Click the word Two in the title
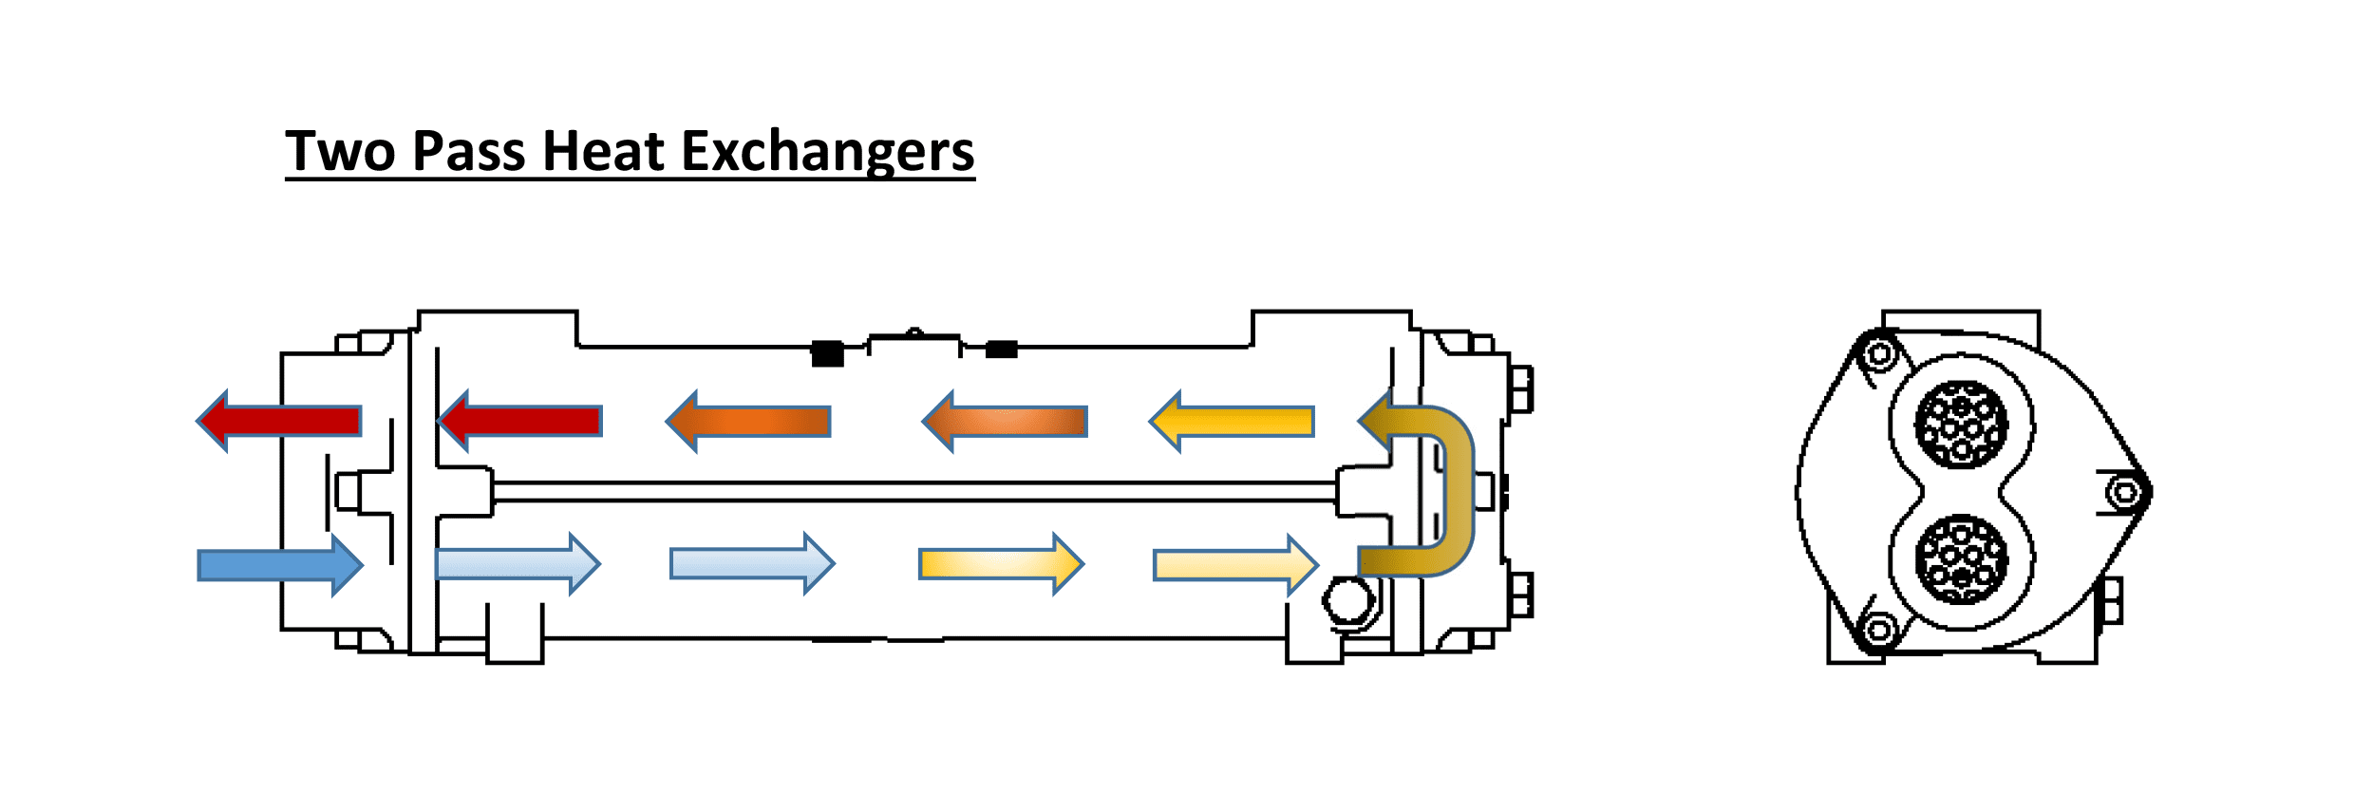coord(340,151)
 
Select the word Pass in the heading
coord(468,151)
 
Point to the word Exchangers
coord(827,151)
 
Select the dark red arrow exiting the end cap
coord(279,421)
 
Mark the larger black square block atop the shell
coord(827,353)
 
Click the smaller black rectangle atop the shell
coord(1001,350)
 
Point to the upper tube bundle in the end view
coord(1961,425)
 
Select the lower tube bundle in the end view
coord(1961,559)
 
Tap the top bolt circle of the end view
coord(1878,355)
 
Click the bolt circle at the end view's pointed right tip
coord(2125,492)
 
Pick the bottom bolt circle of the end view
coord(1878,630)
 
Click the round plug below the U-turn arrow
coord(1348,600)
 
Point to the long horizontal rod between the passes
coord(912,491)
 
